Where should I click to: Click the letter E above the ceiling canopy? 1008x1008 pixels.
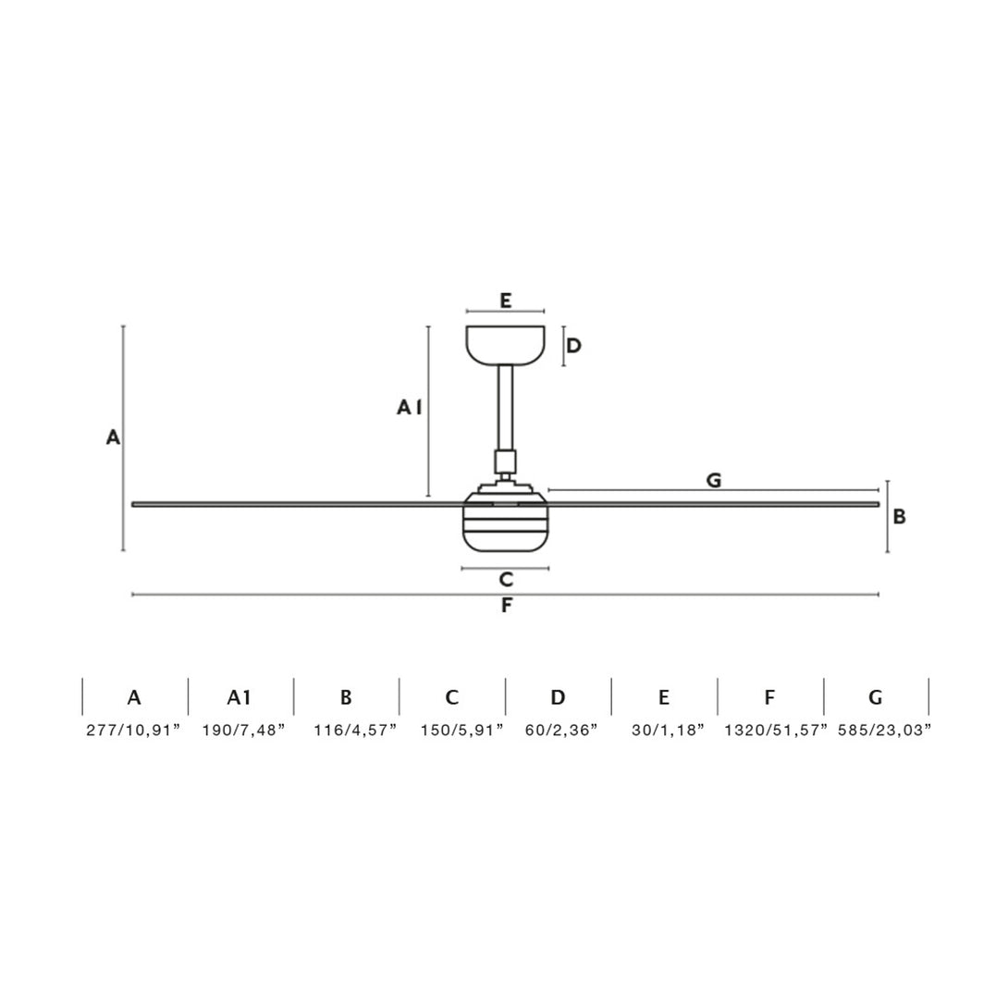click(x=505, y=301)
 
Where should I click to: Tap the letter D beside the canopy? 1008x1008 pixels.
click(x=573, y=346)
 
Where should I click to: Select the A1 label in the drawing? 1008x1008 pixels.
click(x=410, y=408)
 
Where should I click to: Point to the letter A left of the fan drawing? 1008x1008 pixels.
click(x=113, y=437)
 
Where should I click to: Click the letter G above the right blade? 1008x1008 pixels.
click(x=714, y=480)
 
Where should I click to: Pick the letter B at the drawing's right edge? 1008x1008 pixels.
click(x=900, y=516)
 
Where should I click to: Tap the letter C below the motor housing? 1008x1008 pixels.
click(x=506, y=580)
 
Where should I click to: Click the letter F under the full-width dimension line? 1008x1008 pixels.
click(x=507, y=606)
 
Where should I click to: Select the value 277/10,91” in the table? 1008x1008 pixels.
click(x=134, y=731)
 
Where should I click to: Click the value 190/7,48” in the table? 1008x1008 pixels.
click(x=243, y=731)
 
